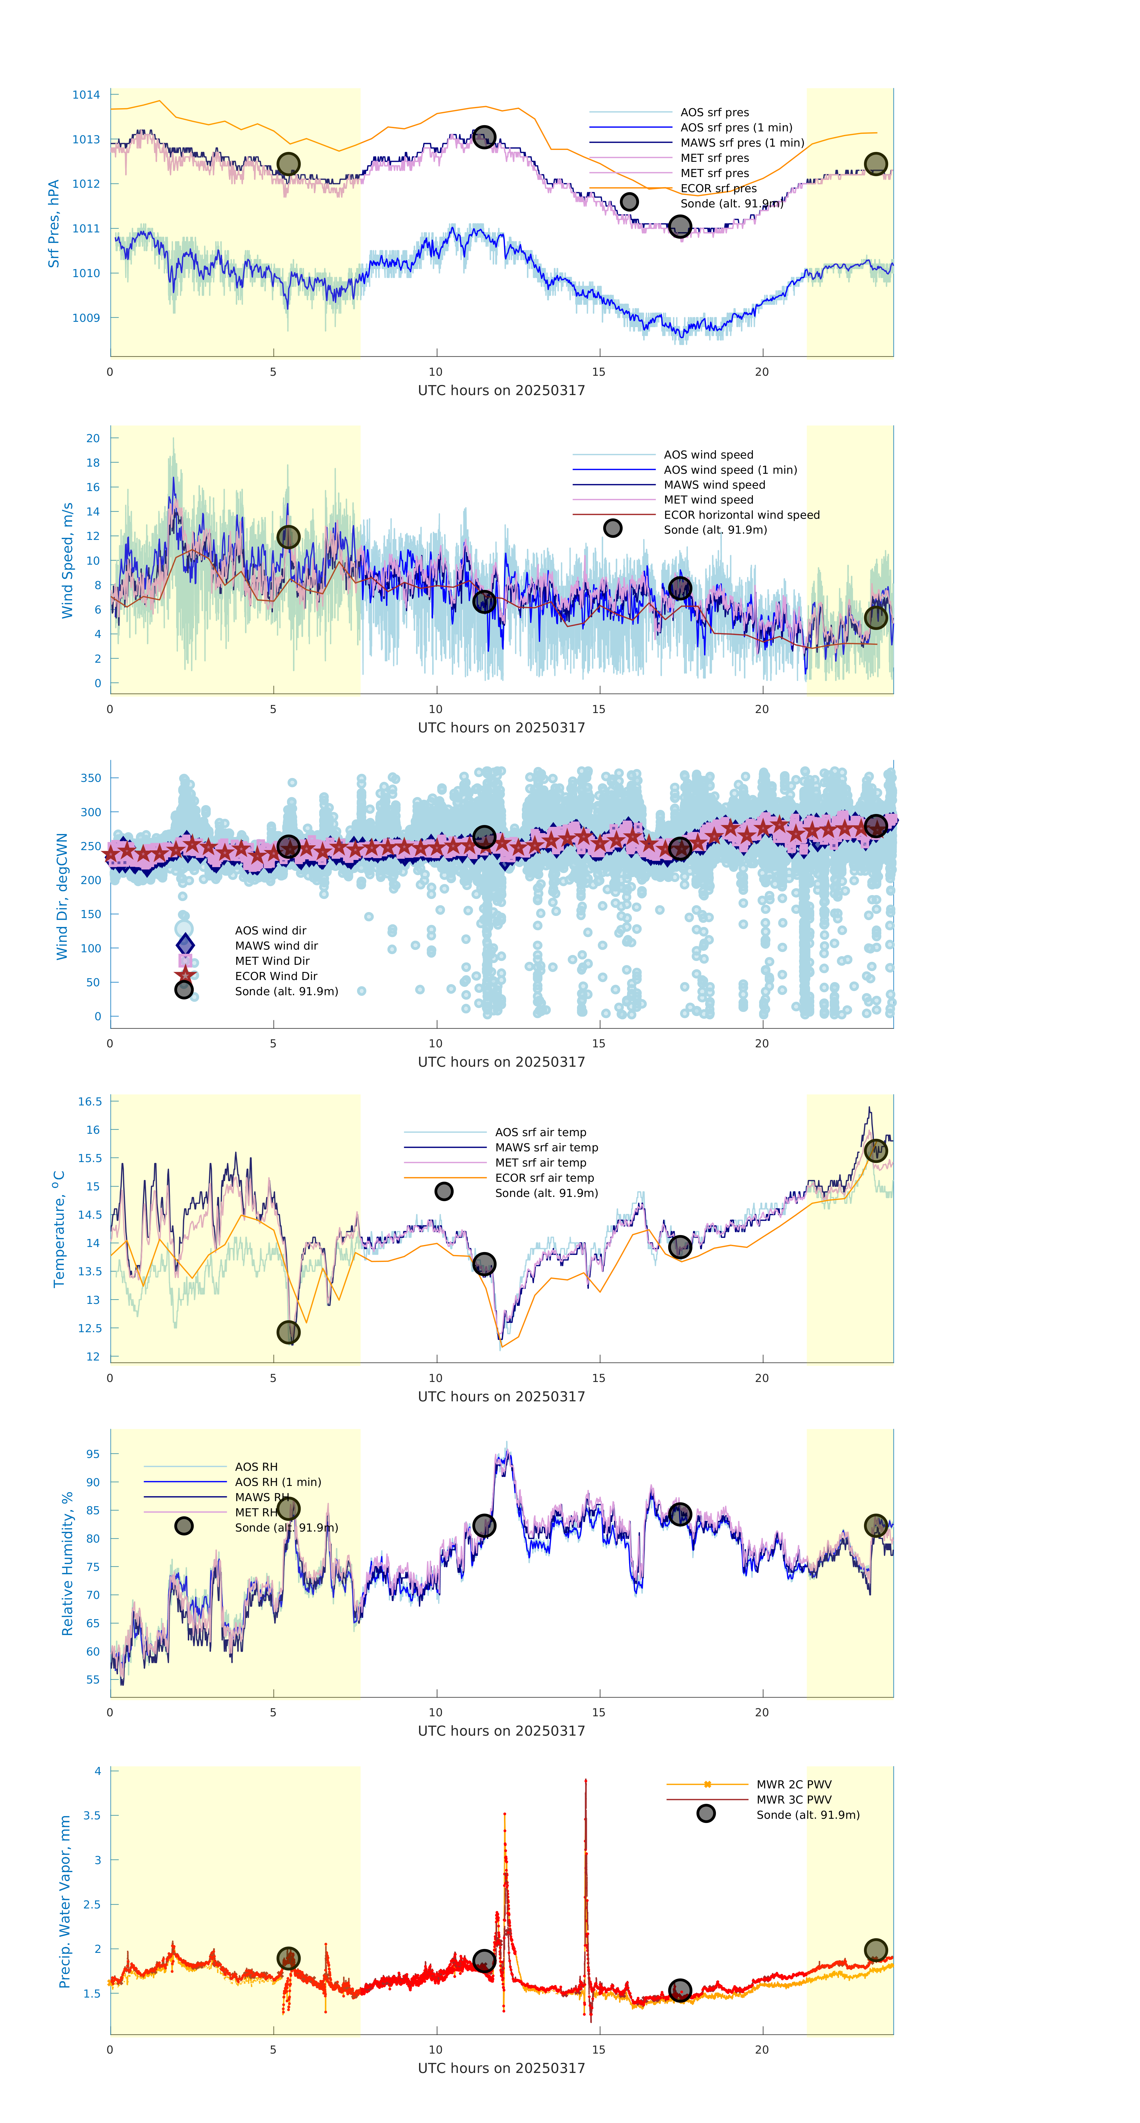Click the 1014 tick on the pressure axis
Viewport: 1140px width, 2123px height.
tap(86, 95)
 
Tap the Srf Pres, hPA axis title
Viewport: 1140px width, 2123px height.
tap(54, 223)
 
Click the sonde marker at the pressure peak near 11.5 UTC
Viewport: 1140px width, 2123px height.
tap(484, 137)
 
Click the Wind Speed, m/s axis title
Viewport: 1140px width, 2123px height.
tap(68, 560)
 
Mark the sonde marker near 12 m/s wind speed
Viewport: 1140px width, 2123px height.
tap(288, 537)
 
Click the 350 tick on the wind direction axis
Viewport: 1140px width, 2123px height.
tap(91, 778)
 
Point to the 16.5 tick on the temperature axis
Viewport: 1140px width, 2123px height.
tap(90, 1102)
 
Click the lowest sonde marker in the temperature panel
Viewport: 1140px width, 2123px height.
tap(288, 1332)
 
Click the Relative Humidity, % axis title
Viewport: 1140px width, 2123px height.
tap(68, 1563)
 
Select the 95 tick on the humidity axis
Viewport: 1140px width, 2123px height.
tap(93, 1455)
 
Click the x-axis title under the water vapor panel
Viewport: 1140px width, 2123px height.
tap(501, 2068)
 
